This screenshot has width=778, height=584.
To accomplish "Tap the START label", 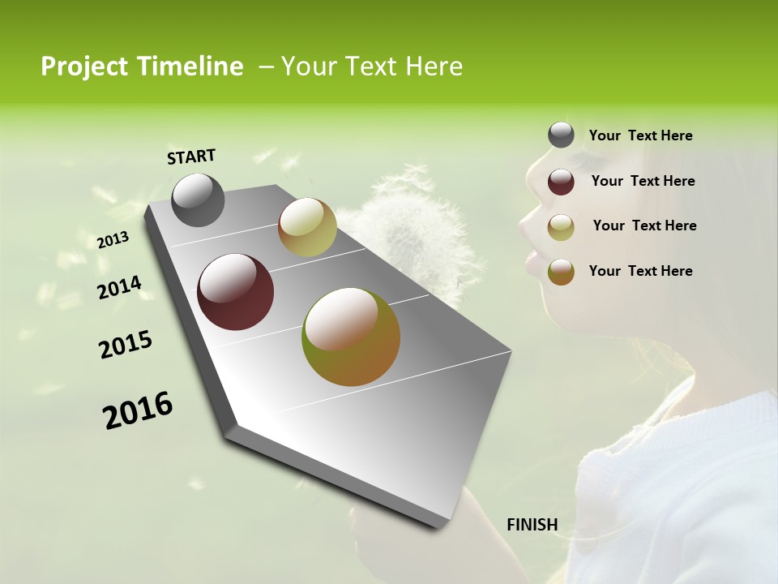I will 191,157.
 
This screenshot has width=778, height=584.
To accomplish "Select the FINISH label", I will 532,525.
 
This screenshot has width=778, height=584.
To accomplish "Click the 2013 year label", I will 113,240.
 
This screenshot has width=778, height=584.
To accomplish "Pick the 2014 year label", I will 119,288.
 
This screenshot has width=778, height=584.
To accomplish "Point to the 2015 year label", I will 126,345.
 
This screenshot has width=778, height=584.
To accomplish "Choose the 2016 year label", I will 138,410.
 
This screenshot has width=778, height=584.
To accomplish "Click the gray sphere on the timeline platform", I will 199,200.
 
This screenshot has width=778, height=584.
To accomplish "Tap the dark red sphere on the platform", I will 236,292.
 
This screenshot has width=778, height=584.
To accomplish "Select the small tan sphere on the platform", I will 307,227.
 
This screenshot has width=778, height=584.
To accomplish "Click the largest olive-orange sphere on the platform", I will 351,337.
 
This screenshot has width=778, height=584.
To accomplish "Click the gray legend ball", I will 561,135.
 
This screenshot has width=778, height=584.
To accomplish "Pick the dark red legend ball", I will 561,182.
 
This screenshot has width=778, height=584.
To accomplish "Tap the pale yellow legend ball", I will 561,227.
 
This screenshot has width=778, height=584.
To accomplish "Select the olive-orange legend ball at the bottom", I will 561,272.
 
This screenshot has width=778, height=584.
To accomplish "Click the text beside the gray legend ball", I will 641,136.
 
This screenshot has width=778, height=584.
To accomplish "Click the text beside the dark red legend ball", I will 643,181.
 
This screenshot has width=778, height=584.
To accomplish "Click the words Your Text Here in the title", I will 372,67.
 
